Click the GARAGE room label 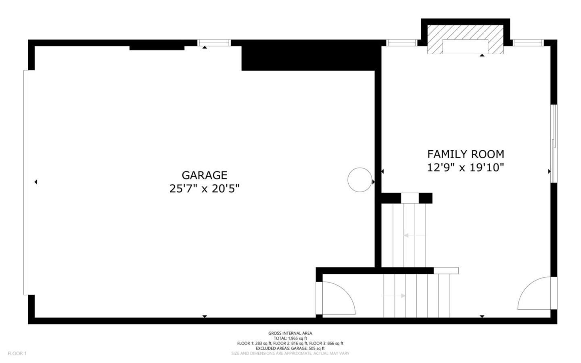[x=204, y=175]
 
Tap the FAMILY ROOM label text [x=466, y=154]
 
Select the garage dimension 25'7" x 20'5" [x=204, y=189]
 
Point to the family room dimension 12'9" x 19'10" [x=466, y=167]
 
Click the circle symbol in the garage [x=359, y=180]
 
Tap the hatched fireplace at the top [x=465, y=39]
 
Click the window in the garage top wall [x=214, y=43]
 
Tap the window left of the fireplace [x=401, y=43]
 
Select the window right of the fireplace [x=528, y=43]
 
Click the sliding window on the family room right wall [x=554, y=143]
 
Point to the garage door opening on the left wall [x=26, y=183]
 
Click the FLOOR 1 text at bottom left [x=17, y=354]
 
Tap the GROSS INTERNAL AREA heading [x=290, y=333]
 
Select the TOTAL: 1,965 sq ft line [x=290, y=338]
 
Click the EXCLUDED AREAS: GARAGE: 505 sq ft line [x=290, y=348]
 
